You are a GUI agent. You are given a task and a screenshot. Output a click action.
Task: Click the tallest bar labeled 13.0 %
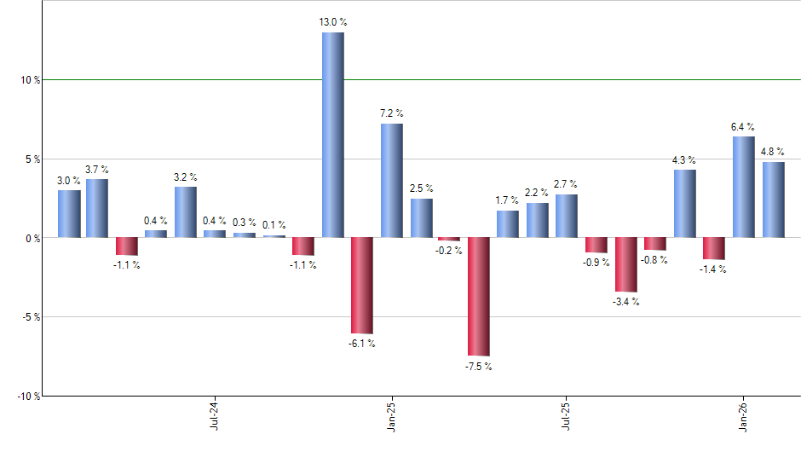(x=332, y=135)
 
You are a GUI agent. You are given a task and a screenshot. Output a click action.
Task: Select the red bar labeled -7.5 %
(x=478, y=296)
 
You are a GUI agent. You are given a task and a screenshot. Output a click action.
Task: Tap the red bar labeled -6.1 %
(x=361, y=285)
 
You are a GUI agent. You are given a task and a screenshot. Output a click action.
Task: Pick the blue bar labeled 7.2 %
(x=391, y=181)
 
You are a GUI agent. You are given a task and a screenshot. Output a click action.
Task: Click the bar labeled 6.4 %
(x=743, y=187)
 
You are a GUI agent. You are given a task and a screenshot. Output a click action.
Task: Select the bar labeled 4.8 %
(x=773, y=200)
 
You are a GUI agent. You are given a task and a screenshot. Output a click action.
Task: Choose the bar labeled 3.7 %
(x=97, y=208)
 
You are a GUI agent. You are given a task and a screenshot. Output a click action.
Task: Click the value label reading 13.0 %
(x=332, y=22)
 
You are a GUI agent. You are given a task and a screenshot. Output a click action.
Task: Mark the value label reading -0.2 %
(x=449, y=251)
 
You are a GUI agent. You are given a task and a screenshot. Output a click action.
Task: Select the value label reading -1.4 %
(x=713, y=269)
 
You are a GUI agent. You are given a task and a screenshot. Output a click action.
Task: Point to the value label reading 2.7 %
(x=567, y=184)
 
